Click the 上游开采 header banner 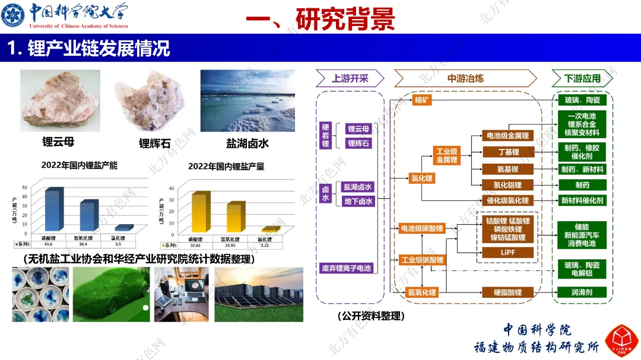coord(350,78)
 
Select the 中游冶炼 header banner coord(465,78)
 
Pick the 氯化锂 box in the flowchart coord(422,177)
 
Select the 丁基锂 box coord(508,152)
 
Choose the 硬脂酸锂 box coord(508,292)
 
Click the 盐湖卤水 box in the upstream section coord(358,187)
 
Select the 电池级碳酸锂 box coord(422,228)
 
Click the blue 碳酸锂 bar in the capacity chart coord(52,211)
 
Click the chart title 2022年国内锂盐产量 coord(226,167)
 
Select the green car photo coord(111,294)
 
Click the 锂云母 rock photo coord(60,100)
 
